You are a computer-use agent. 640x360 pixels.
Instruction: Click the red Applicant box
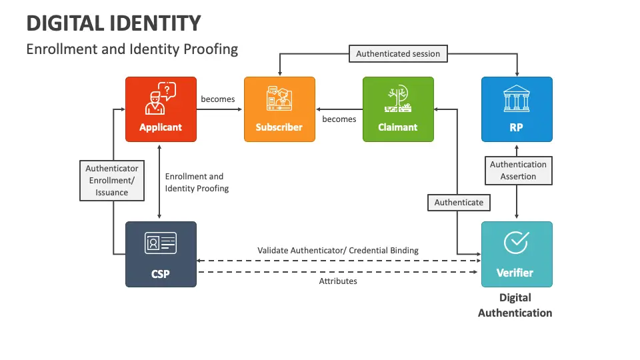[x=161, y=109]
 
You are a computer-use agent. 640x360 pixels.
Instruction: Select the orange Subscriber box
[x=279, y=109]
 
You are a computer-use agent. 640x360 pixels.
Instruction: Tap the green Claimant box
[x=398, y=109]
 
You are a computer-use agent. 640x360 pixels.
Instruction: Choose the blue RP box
[x=517, y=109]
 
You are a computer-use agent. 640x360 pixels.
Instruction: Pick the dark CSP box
[x=161, y=254]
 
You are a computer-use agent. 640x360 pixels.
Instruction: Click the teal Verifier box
[x=517, y=254]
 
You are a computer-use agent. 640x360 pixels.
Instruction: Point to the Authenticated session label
[x=398, y=53]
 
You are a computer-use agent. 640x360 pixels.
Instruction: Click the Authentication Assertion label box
[x=519, y=171]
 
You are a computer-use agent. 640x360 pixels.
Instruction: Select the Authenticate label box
[x=459, y=203]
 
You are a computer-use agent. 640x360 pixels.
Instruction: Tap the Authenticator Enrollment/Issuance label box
[x=112, y=181]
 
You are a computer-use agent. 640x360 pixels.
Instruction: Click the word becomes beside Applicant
[x=217, y=99]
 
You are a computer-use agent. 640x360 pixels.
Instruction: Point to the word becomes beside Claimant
[x=339, y=119]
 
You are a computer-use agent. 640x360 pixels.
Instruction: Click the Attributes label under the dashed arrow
[x=338, y=281]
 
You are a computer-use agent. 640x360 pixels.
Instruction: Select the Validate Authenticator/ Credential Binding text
[x=338, y=250]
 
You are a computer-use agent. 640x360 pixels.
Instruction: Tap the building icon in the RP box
[x=517, y=99]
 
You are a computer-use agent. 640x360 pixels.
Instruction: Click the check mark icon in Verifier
[x=516, y=243]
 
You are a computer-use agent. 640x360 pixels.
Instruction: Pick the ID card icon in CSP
[x=161, y=243]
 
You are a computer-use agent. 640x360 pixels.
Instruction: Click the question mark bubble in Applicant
[x=167, y=91]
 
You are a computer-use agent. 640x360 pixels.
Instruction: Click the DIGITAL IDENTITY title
[x=114, y=23]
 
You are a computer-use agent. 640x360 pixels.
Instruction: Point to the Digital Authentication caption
[x=515, y=305]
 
